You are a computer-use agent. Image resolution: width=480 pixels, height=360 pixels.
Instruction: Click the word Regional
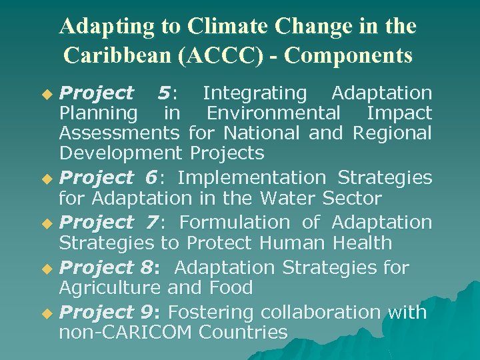pyautogui.click(x=392, y=133)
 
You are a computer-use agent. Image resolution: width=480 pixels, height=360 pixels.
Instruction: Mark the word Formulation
pyautogui.click(x=235, y=223)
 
